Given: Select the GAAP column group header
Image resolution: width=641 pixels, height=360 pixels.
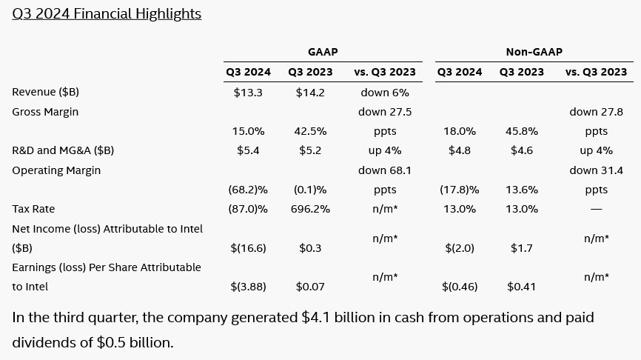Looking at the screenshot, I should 323,52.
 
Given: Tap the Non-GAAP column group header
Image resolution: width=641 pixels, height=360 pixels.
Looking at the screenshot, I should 532,52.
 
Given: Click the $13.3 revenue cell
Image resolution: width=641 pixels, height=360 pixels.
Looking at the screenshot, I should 248,92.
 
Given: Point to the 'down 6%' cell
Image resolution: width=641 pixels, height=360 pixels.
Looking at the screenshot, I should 385,92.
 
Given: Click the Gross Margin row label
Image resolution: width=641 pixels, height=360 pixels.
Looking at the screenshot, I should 45,111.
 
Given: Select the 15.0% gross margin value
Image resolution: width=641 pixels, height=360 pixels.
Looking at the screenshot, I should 248,131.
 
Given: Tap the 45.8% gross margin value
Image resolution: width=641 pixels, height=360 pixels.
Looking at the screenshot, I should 521,131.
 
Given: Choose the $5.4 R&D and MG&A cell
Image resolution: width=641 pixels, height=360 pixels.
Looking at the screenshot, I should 248,150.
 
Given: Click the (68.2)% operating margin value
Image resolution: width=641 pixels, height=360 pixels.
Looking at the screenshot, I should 248,190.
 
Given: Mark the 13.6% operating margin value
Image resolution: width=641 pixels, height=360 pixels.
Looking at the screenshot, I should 521,190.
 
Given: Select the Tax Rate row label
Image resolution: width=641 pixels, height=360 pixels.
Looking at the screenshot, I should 34,209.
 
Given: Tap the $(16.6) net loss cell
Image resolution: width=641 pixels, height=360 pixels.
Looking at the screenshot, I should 248,248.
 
